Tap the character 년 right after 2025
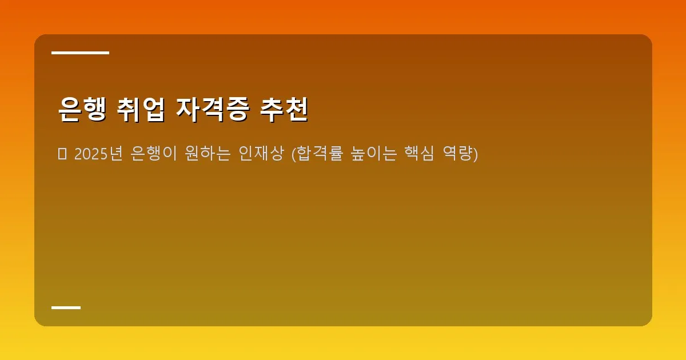(116, 154)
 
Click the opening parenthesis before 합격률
(294, 154)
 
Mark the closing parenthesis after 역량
(475, 154)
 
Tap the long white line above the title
(80, 53)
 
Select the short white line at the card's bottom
(66, 307)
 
